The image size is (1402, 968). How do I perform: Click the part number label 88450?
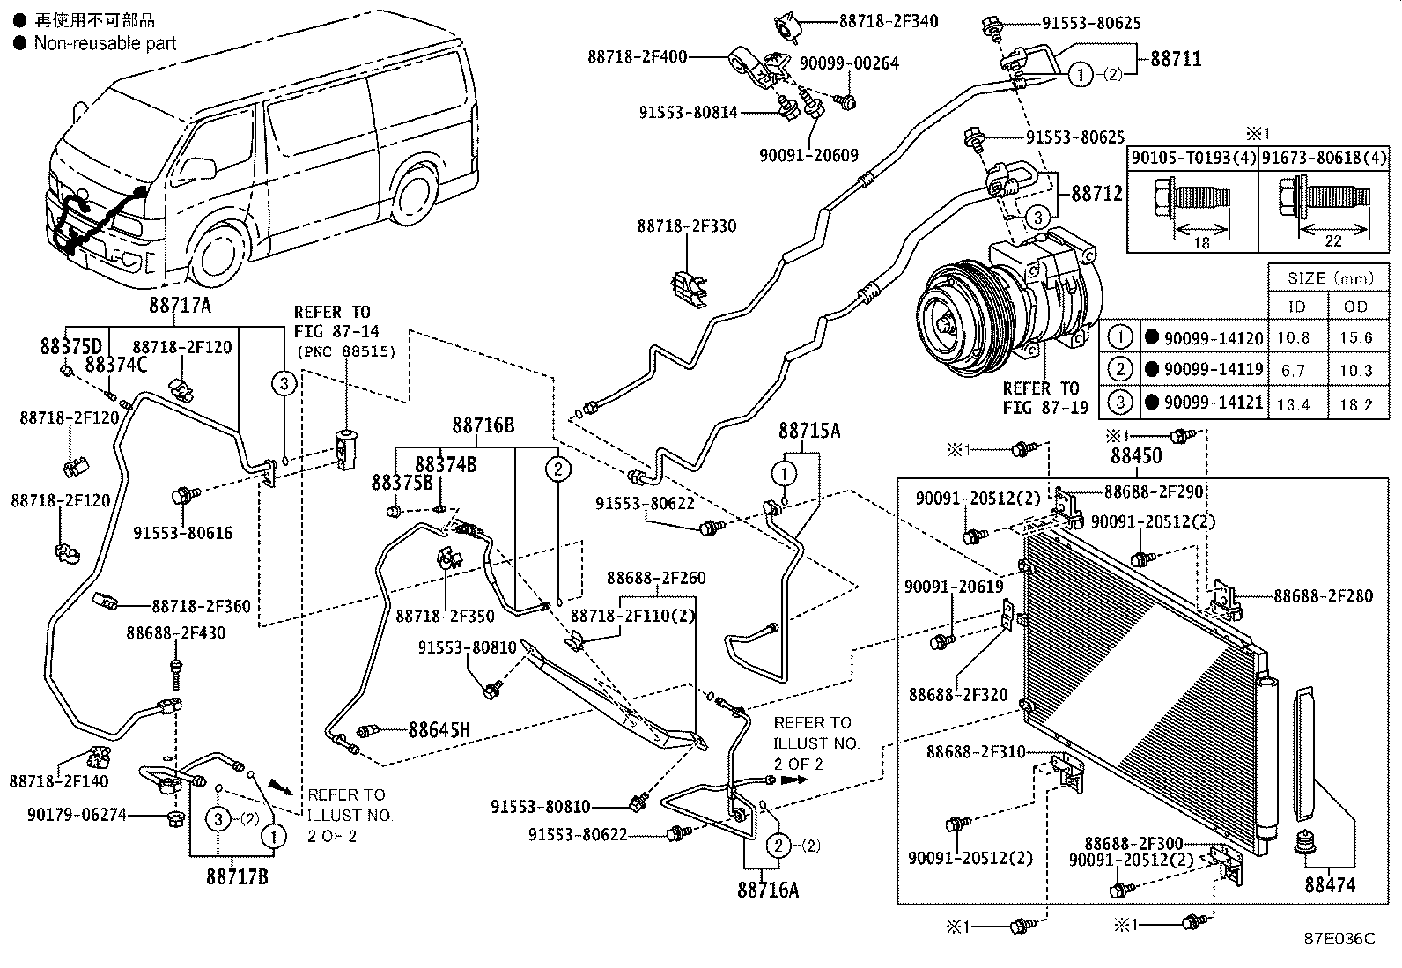(x=1136, y=455)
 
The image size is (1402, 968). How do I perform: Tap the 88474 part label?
(x=1330, y=884)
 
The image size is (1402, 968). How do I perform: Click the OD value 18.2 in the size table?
(x=1355, y=403)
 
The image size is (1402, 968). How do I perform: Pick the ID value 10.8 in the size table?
(x=1292, y=338)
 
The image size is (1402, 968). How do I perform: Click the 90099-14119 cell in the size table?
(x=1213, y=370)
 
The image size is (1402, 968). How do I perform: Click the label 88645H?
(x=439, y=729)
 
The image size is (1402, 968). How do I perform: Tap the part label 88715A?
(x=808, y=430)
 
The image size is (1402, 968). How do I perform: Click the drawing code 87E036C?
(x=1339, y=938)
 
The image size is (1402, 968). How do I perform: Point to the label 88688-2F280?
(x=1323, y=596)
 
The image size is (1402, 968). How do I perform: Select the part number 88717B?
(x=238, y=877)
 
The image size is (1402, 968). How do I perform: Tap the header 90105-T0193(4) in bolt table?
(x=1192, y=158)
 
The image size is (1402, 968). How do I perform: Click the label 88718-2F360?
(x=201, y=606)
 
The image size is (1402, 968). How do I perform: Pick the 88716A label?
(x=768, y=890)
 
